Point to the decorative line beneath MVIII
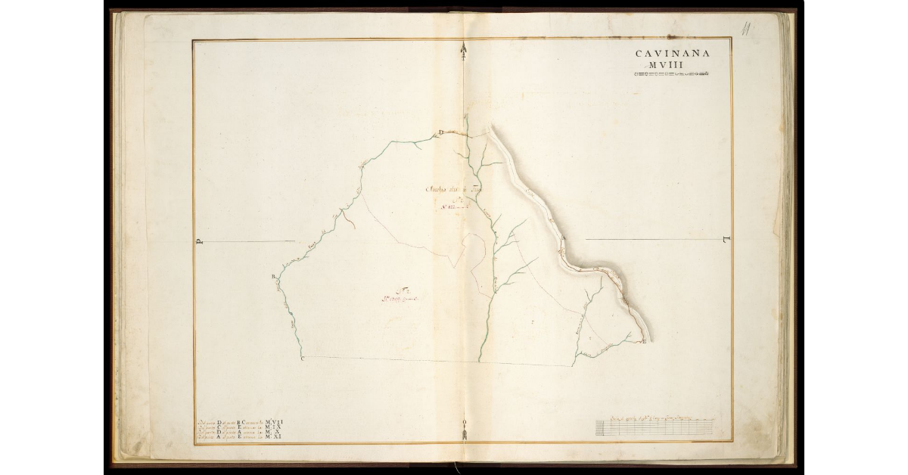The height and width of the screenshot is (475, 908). pos(671,74)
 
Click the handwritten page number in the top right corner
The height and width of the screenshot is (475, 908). pos(746,30)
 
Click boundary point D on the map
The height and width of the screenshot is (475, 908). pos(441,134)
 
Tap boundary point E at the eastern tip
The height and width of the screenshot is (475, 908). pos(644,343)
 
